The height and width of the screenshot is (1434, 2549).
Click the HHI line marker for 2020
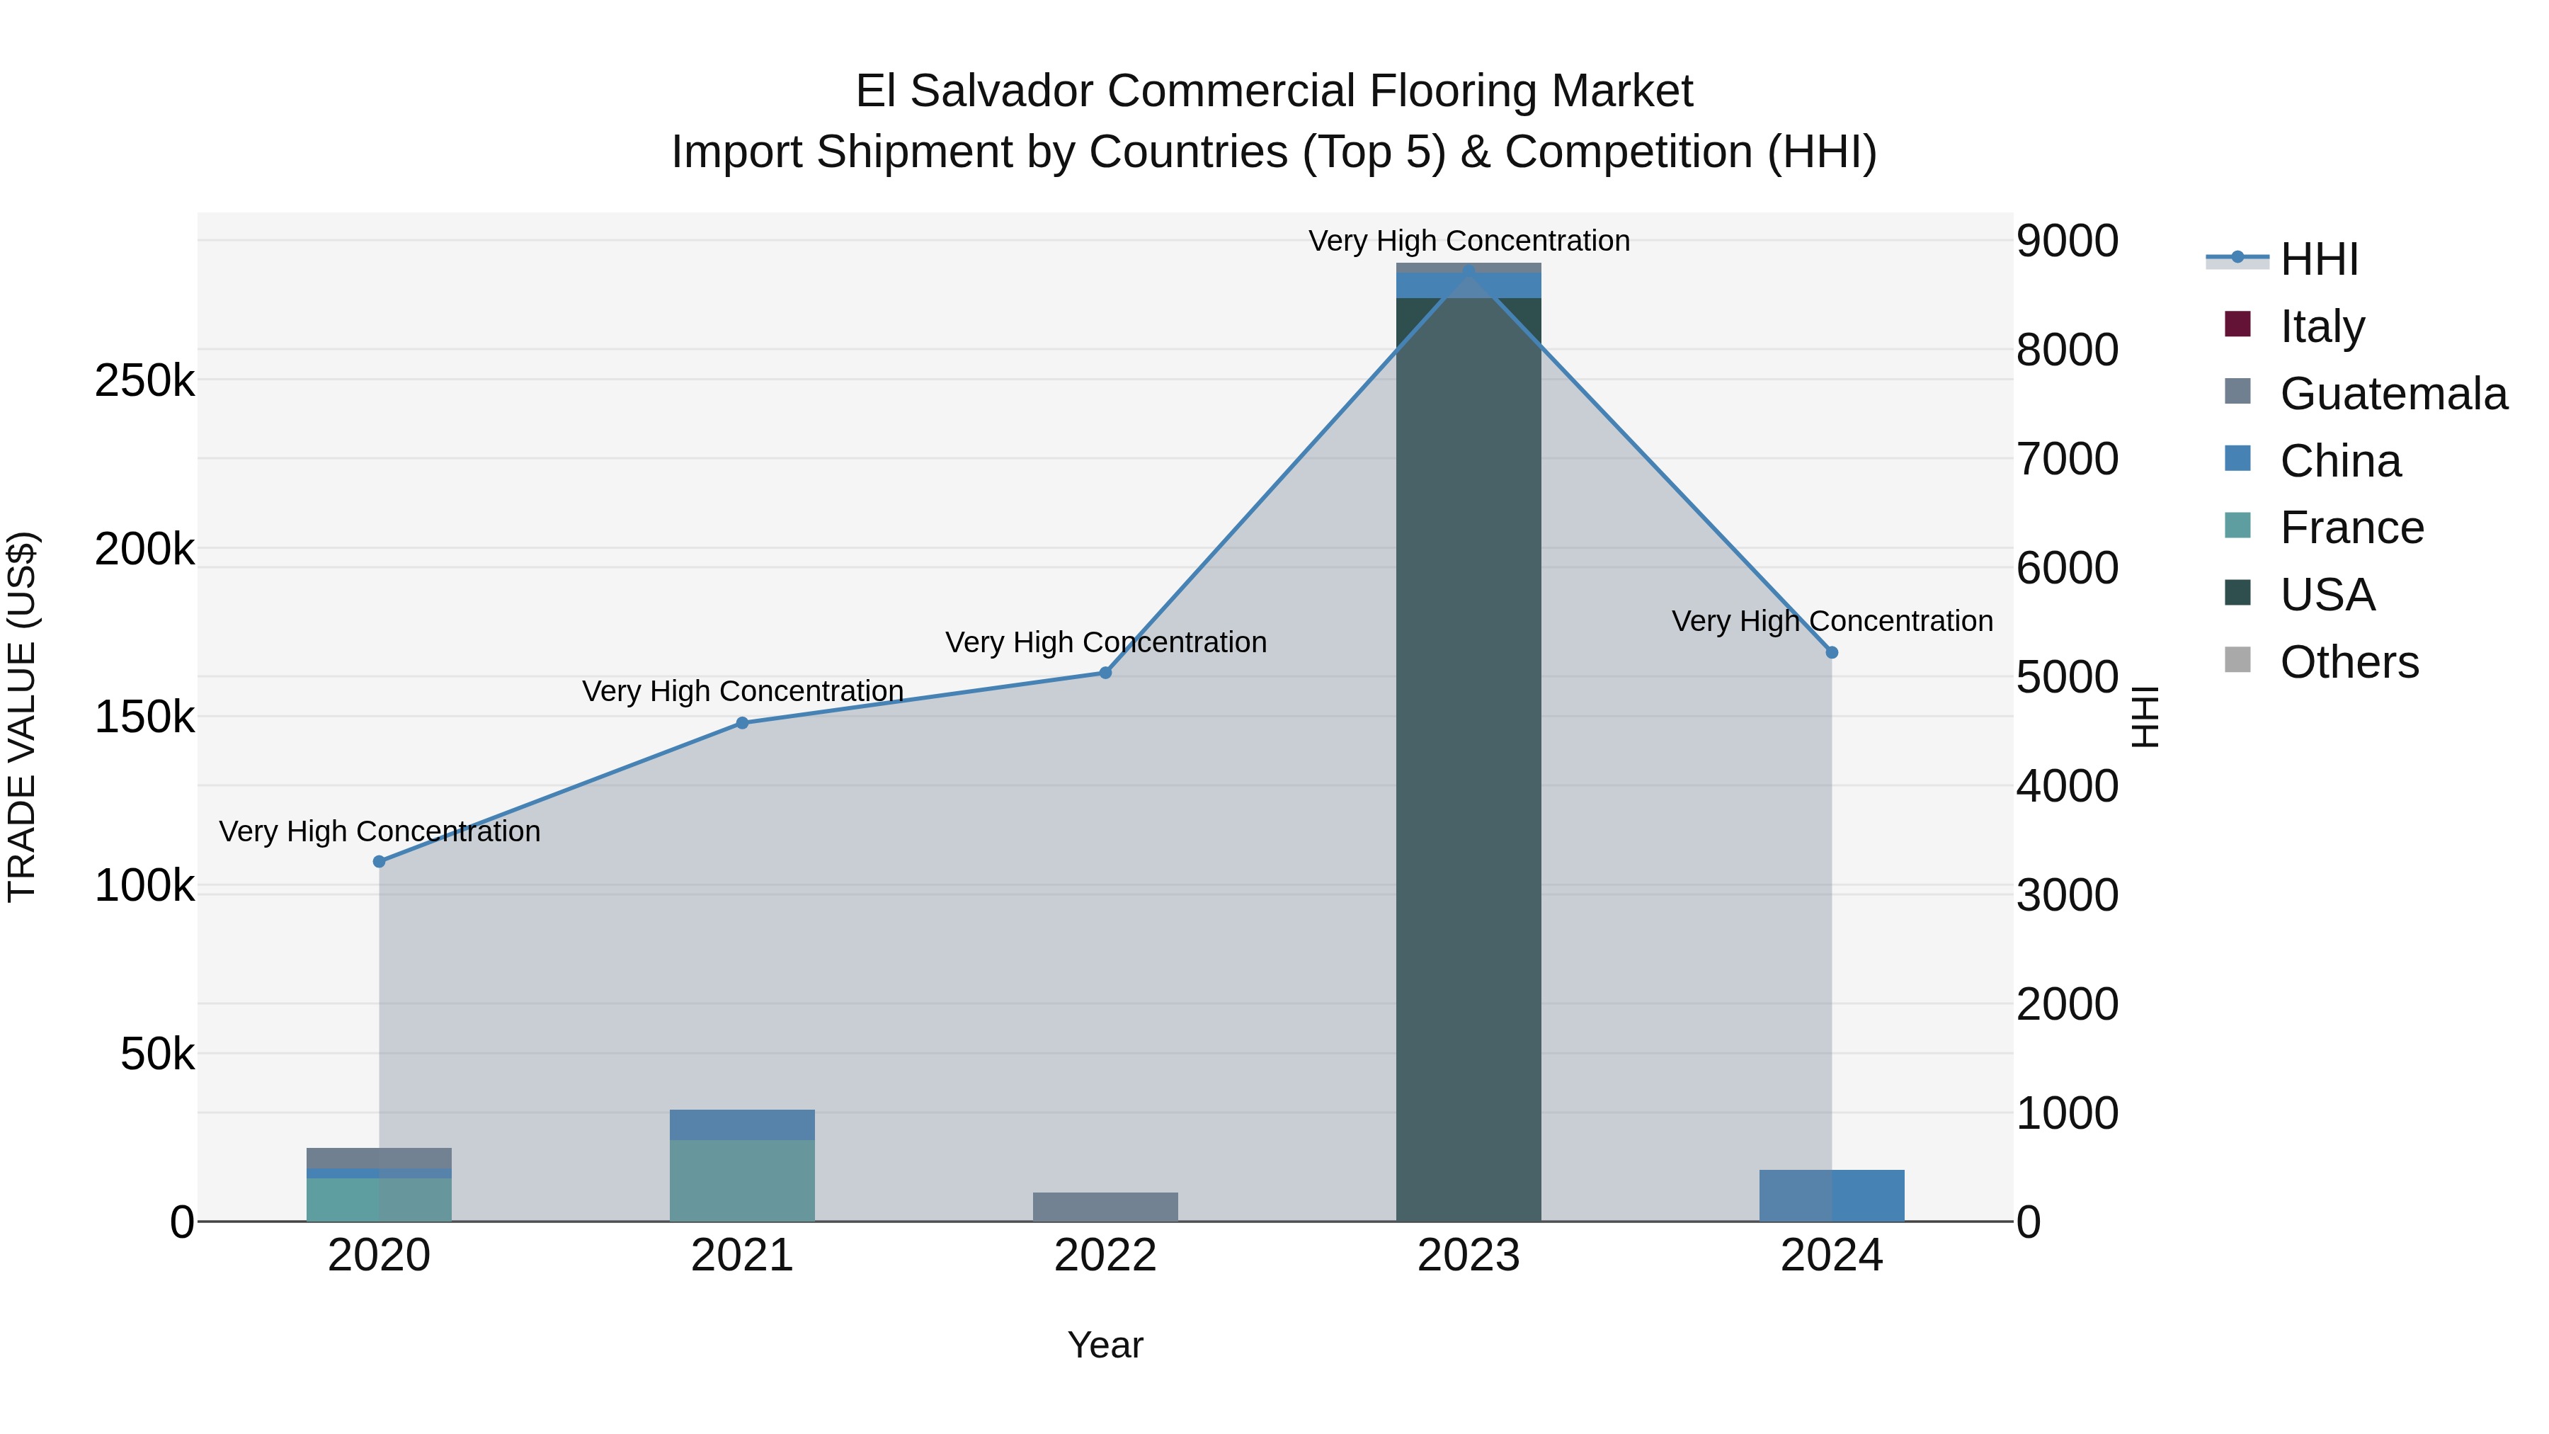click(x=379, y=862)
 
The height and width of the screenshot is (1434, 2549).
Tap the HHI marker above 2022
click(x=1105, y=673)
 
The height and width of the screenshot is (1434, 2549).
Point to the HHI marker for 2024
click(x=1832, y=653)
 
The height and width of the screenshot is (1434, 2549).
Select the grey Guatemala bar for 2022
click(x=1105, y=1207)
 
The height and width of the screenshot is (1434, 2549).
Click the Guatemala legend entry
click(x=2393, y=394)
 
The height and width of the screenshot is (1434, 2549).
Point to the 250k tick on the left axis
click(x=144, y=381)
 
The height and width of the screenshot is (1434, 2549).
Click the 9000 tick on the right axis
click(x=2067, y=241)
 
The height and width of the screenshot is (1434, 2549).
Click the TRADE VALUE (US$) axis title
click(x=23, y=717)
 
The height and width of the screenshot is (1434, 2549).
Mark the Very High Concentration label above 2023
click(x=1469, y=241)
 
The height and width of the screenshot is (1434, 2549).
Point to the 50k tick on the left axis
click(x=157, y=1055)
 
